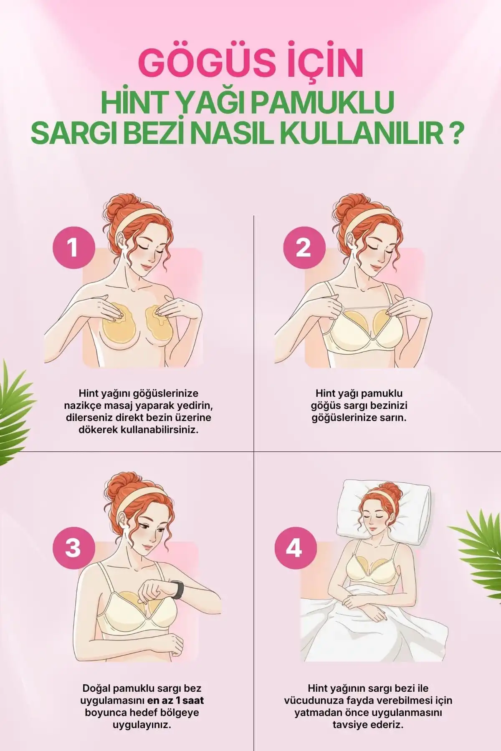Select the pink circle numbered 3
click(73, 547)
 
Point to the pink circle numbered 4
click(294, 547)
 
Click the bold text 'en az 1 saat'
click(176, 700)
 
